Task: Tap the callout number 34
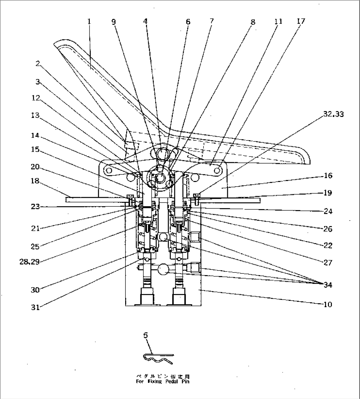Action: click(x=328, y=285)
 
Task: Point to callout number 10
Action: click(x=328, y=304)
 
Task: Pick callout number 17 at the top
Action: click(x=301, y=21)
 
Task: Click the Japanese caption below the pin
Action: click(x=163, y=376)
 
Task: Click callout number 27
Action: click(x=328, y=263)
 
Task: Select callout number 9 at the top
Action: click(x=114, y=22)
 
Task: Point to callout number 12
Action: click(x=35, y=98)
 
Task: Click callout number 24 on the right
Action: click(x=328, y=211)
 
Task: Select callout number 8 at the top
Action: click(x=253, y=22)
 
